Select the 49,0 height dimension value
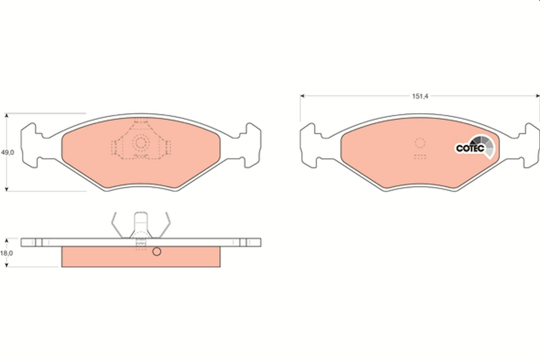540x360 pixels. click(7, 153)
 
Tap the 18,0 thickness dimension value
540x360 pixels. click(6, 253)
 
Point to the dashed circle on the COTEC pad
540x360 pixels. click(420, 144)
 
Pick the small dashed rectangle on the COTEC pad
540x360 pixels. click(420, 157)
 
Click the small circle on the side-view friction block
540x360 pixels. click(156, 252)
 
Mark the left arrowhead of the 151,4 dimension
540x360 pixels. click(302, 96)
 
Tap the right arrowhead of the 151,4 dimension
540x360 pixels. click(537, 96)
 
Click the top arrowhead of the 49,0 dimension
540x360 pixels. click(6, 116)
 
